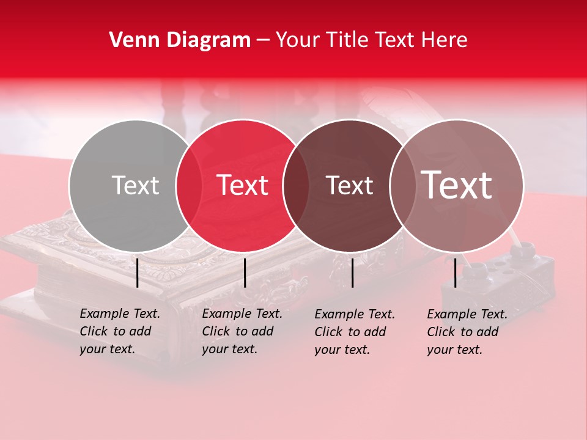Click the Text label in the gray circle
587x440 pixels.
[135, 185]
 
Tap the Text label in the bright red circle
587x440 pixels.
[243, 185]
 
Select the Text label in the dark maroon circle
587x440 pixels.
[349, 185]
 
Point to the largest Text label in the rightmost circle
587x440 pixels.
[457, 185]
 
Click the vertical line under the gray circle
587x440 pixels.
[138, 273]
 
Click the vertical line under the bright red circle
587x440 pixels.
[245, 273]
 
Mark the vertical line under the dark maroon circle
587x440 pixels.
[353, 273]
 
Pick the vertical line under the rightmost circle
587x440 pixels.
[456, 273]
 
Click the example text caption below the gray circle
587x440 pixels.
[119, 331]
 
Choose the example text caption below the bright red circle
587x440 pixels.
[242, 331]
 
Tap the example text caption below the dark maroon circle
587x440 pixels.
[354, 332]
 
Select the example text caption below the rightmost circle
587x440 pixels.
[467, 332]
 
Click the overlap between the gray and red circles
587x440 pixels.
[189, 185]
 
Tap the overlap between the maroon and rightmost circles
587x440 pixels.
[401, 185]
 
